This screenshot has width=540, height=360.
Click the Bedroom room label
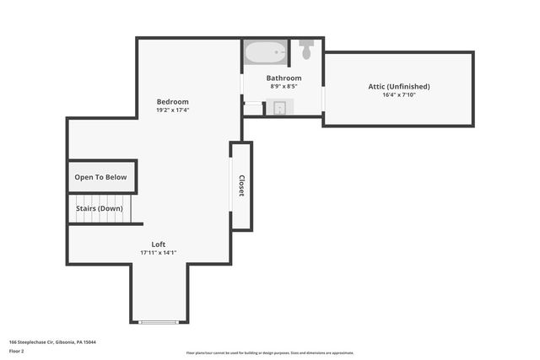(x=172, y=102)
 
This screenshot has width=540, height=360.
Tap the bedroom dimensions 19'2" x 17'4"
(x=172, y=110)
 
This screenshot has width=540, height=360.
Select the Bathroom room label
(x=285, y=78)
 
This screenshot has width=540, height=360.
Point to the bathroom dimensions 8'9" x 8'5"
(x=285, y=87)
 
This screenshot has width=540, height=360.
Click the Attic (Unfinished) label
(x=399, y=86)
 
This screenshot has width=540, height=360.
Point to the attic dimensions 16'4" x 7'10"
(x=399, y=94)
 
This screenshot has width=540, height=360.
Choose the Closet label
(x=241, y=185)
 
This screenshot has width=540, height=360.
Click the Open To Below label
(x=100, y=177)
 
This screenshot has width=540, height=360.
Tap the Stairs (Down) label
(x=99, y=208)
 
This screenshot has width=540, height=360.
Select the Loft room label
(x=159, y=244)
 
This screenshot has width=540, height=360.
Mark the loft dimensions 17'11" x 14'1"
(x=159, y=253)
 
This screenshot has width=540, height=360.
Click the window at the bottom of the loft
(x=159, y=322)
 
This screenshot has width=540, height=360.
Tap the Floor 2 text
(x=17, y=350)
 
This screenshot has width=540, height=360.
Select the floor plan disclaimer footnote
(x=270, y=352)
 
